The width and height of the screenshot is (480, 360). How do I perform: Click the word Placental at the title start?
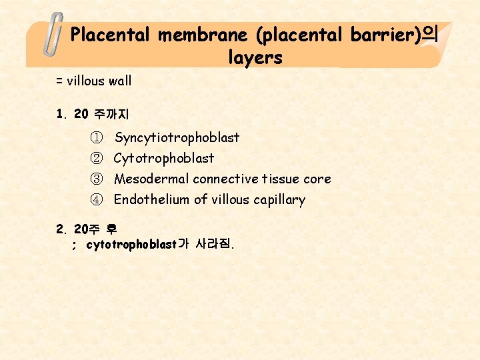(x=111, y=34)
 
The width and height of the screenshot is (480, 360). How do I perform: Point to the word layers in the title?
(x=255, y=57)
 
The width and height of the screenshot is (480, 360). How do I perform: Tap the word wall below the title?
(x=119, y=81)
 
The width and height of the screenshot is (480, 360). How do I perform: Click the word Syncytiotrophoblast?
(x=177, y=138)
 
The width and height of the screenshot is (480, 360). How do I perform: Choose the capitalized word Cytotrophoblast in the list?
(x=164, y=159)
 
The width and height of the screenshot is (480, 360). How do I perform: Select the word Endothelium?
(x=152, y=200)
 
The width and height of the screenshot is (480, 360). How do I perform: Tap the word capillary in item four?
(x=279, y=200)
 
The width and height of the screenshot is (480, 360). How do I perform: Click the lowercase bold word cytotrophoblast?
(x=131, y=245)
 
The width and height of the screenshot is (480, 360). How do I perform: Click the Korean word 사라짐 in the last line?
(x=212, y=245)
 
